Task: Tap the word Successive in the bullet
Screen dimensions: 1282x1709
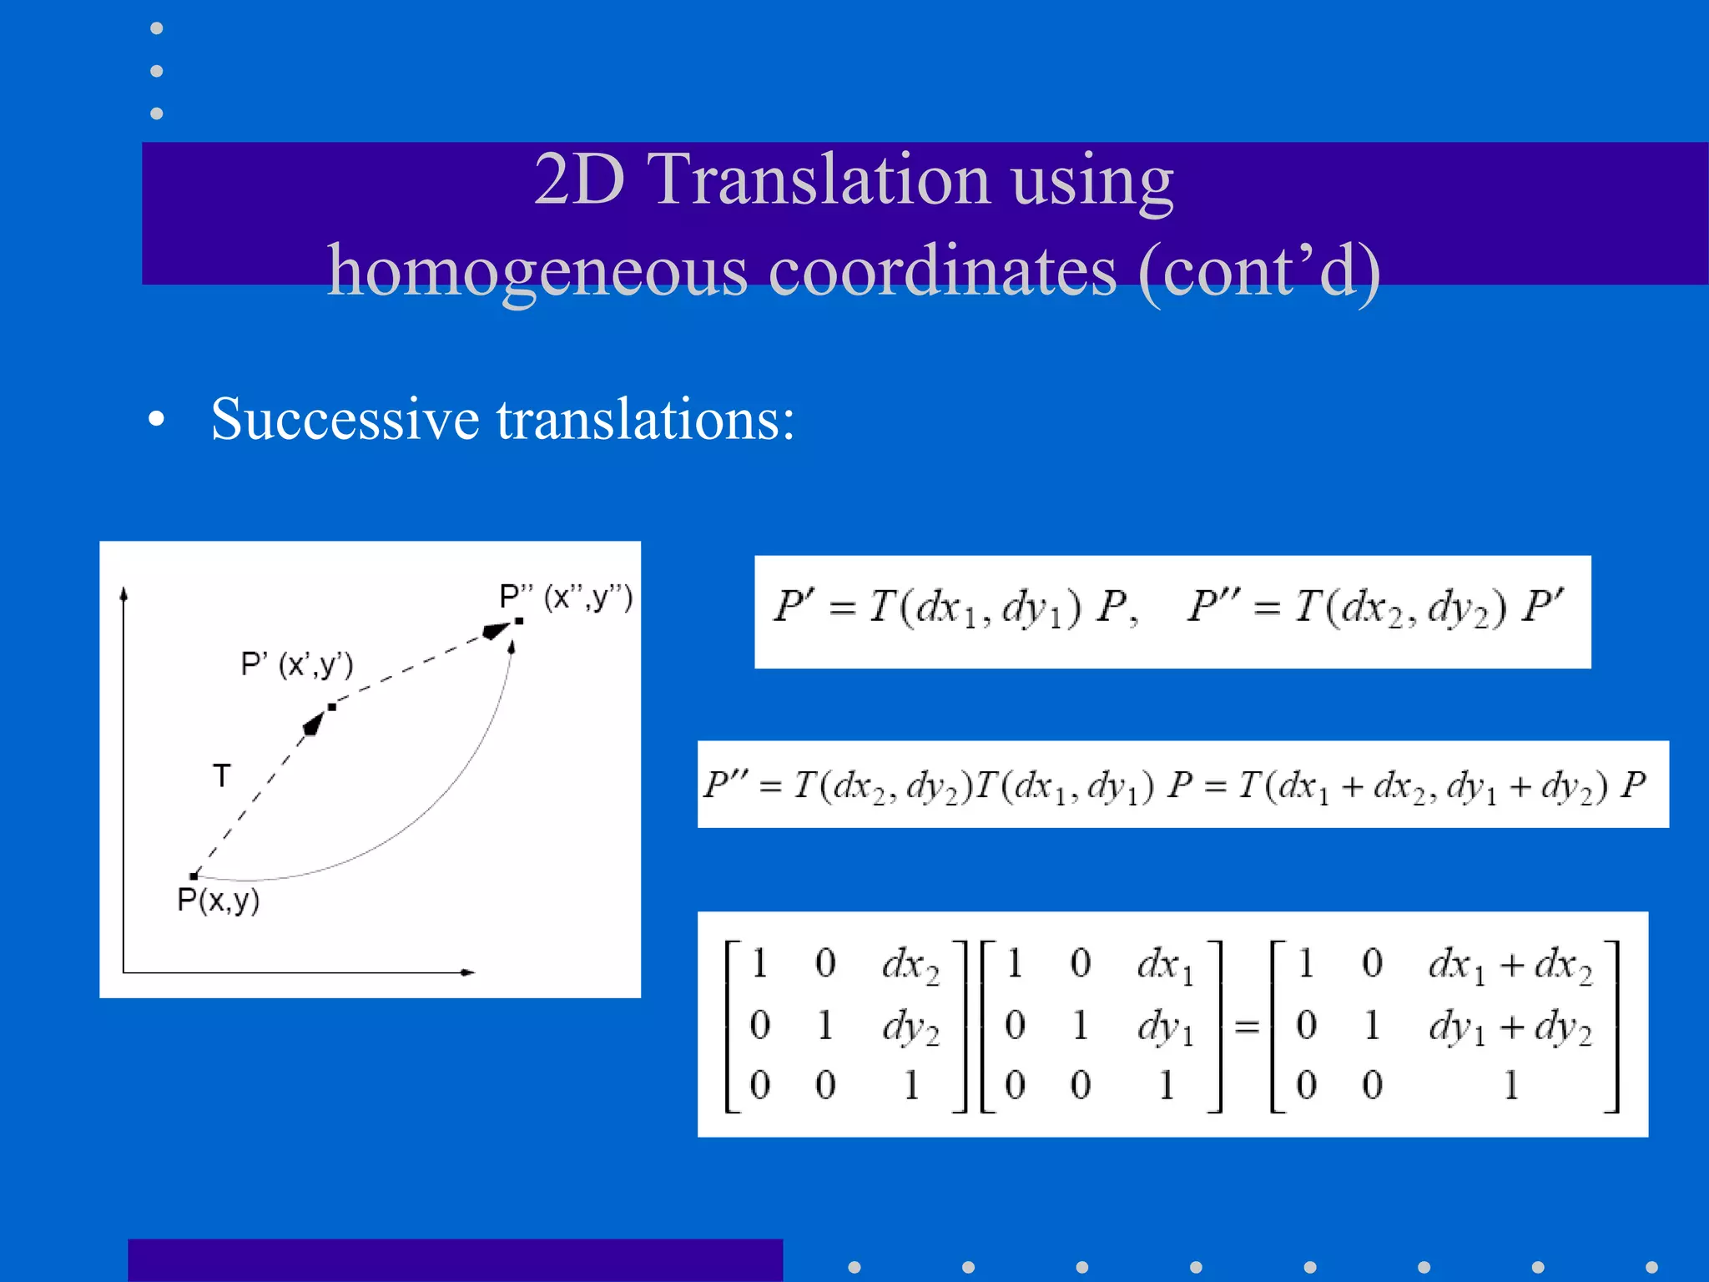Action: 345,419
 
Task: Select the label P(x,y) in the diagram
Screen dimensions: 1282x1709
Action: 219,901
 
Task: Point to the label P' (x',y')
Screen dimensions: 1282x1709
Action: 297,664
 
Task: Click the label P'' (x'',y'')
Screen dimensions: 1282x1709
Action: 566,598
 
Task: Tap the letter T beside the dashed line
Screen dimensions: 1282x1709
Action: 221,776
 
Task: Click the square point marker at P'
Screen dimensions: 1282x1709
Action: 332,707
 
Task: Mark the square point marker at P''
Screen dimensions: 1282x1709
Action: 519,621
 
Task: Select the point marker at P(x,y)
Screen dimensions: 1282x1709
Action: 194,876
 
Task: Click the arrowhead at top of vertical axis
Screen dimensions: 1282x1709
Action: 124,593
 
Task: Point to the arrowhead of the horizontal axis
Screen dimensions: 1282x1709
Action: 468,972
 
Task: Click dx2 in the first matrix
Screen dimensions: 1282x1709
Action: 910,966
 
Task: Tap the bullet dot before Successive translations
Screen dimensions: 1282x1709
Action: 156,421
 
